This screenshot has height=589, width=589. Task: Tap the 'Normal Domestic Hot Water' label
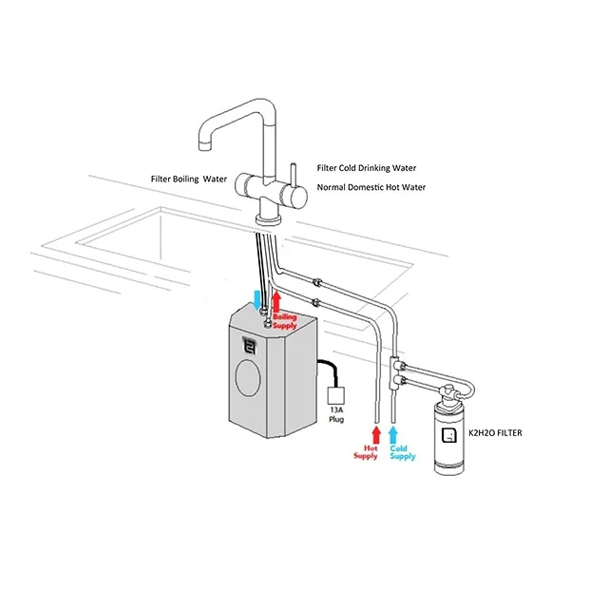370,187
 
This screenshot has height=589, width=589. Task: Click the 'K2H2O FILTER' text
497,433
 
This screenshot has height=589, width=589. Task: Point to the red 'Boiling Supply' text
285,319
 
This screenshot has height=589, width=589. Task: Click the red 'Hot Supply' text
365,451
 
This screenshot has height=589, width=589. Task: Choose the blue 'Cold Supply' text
402,451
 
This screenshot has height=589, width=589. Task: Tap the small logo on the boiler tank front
252,345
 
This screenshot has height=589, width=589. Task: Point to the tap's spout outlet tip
203,144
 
